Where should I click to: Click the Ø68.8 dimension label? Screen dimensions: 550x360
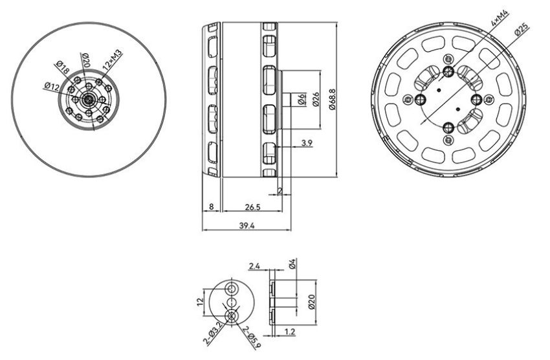pyautogui.click(x=333, y=99)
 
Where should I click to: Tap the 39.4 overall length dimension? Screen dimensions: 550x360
pyautogui.click(x=247, y=225)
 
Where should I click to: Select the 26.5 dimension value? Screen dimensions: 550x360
pyautogui.click(x=252, y=207)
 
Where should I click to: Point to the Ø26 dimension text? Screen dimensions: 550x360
pyautogui.click(x=315, y=99)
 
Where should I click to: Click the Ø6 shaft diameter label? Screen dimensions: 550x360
pyautogui.click(x=301, y=100)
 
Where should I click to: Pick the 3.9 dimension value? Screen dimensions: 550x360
pyautogui.click(x=307, y=143)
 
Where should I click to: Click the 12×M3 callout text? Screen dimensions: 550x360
pyautogui.click(x=112, y=60)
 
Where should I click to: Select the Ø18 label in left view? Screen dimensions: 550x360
pyautogui.click(x=62, y=67)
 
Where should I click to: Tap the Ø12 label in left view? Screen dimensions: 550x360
pyautogui.click(x=52, y=86)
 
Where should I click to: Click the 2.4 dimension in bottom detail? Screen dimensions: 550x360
pyautogui.click(x=254, y=265)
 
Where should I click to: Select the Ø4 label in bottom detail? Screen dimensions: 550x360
pyautogui.click(x=293, y=264)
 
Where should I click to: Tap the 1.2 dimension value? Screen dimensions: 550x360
pyautogui.click(x=290, y=332)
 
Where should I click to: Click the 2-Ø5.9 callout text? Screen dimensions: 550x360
pyautogui.click(x=252, y=338)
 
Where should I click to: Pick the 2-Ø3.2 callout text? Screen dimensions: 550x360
pyautogui.click(x=213, y=333)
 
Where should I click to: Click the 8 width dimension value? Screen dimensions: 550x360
pyautogui.click(x=211, y=207)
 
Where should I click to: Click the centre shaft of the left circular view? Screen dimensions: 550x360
pyautogui.click(x=88, y=100)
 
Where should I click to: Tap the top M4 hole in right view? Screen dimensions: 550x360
pyautogui.click(x=448, y=72)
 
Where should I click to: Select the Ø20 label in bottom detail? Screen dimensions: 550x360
pyautogui.click(x=312, y=302)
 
